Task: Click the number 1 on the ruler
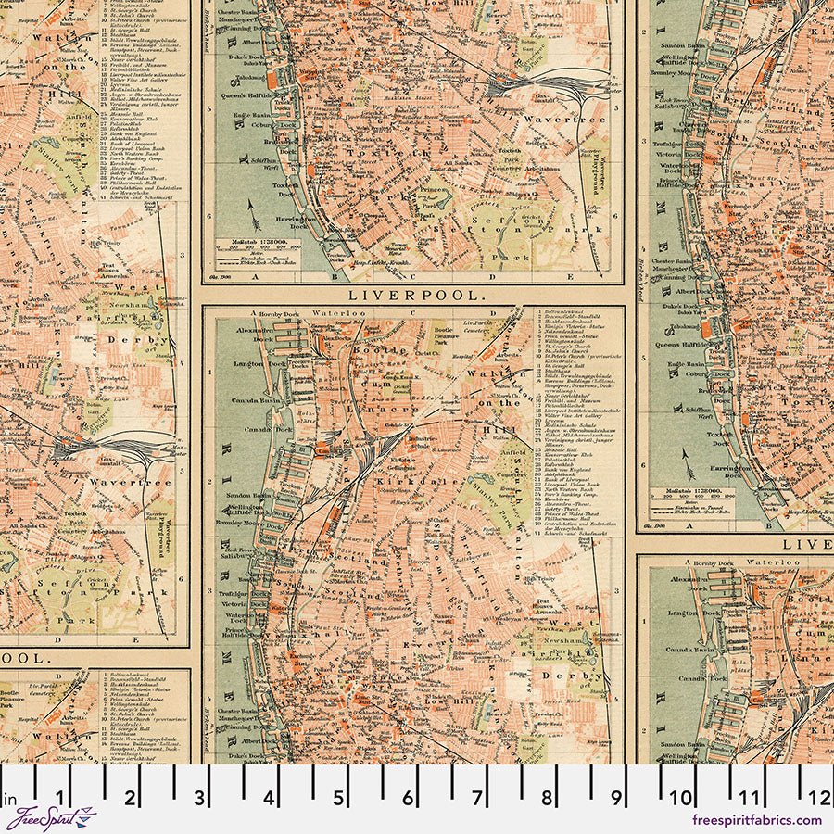click(60, 798)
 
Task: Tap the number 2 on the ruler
click(130, 798)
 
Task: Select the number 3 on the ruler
click(199, 798)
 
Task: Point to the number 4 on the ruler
click(269, 798)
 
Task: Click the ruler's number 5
click(338, 798)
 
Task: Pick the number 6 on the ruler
click(408, 798)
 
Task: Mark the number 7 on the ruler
click(477, 798)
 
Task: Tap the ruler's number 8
click(547, 798)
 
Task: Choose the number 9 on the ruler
click(616, 798)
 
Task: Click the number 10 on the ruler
click(682, 798)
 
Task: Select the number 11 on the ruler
click(751, 798)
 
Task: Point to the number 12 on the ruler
click(819, 798)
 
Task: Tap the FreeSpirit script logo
click(51, 819)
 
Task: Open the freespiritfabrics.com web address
click(756, 820)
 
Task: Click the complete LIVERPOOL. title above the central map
click(417, 295)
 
